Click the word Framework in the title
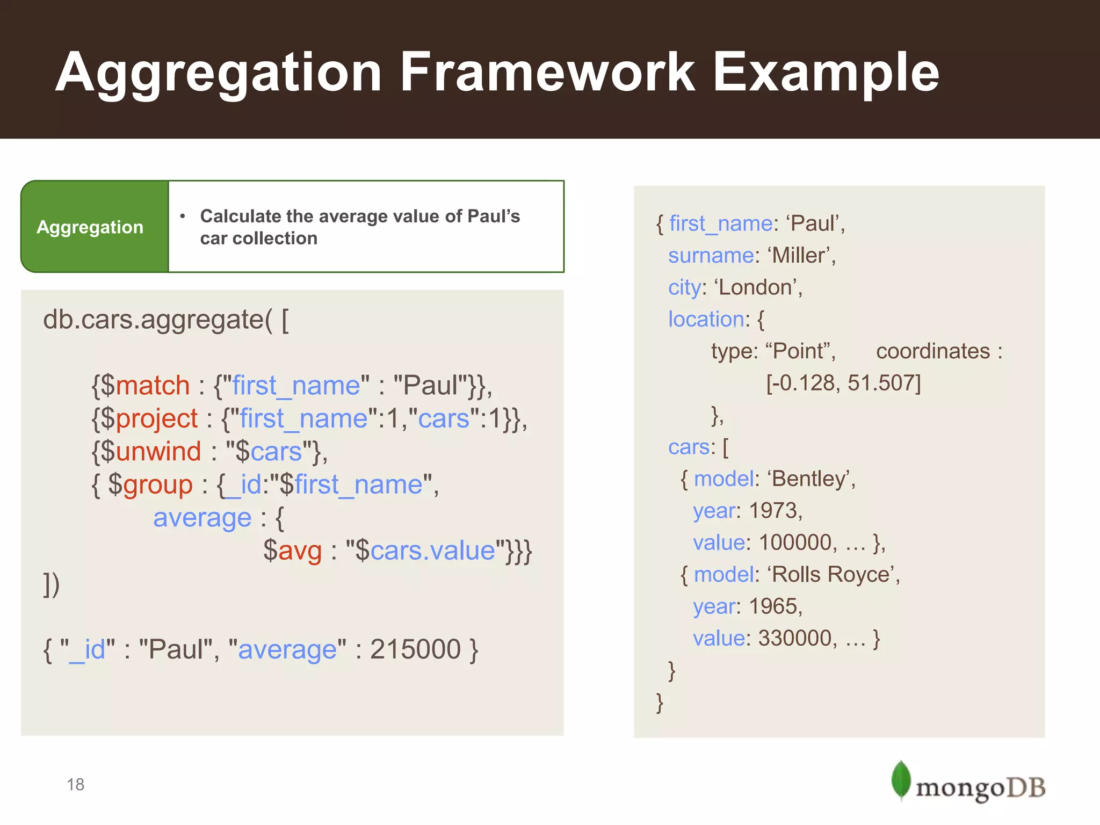click(547, 72)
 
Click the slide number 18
click(75, 785)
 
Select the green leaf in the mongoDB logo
click(900, 779)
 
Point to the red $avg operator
click(293, 551)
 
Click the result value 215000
click(415, 649)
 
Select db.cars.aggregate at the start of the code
click(153, 320)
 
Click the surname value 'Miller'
click(800, 256)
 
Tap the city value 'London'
click(757, 287)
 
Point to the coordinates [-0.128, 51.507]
click(843, 383)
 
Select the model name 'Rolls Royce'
click(833, 575)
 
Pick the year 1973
click(773, 511)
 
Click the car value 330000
click(795, 639)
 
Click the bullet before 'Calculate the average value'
click(183, 216)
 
